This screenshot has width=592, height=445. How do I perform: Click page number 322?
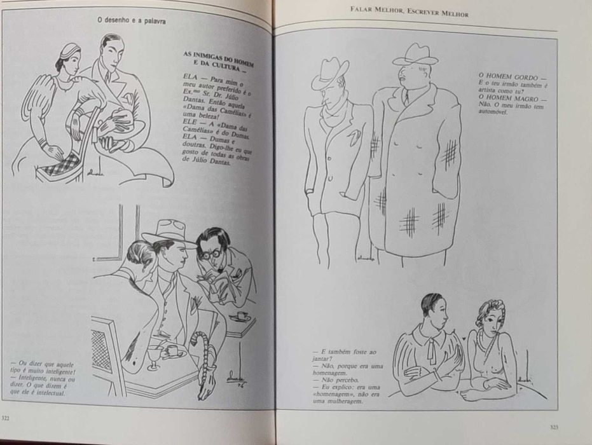click(6, 418)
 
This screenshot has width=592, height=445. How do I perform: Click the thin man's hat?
click(329, 72)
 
